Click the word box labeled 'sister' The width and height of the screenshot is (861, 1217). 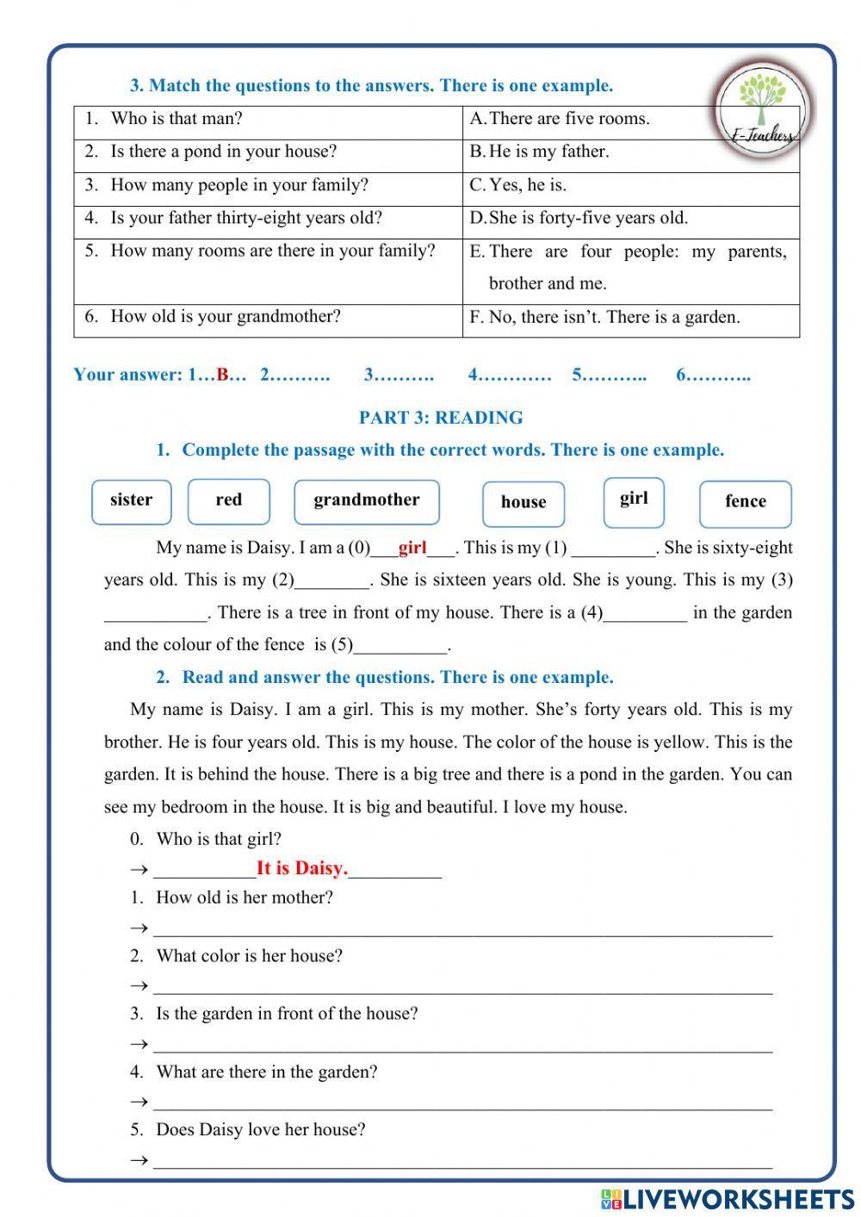(131, 501)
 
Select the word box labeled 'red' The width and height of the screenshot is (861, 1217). (228, 501)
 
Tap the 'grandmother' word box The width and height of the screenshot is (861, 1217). (366, 501)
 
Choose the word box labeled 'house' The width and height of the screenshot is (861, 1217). (523, 503)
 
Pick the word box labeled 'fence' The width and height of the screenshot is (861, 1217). (745, 503)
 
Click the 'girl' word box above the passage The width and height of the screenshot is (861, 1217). (634, 500)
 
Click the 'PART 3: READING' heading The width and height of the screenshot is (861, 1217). (441, 418)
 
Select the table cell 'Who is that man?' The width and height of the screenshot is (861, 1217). (177, 119)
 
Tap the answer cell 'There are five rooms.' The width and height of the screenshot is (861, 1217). (568, 119)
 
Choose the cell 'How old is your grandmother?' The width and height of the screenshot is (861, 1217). (226, 316)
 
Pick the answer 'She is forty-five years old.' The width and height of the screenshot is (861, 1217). (588, 218)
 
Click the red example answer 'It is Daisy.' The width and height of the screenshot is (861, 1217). (302, 868)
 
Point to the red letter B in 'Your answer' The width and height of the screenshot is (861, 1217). (223, 375)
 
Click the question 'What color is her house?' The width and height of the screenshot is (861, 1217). (249, 956)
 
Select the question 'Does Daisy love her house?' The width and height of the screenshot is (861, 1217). (260, 1130)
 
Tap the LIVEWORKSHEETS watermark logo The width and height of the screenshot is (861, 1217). (728, 1199)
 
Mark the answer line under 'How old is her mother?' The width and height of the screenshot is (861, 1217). (462, 930)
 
